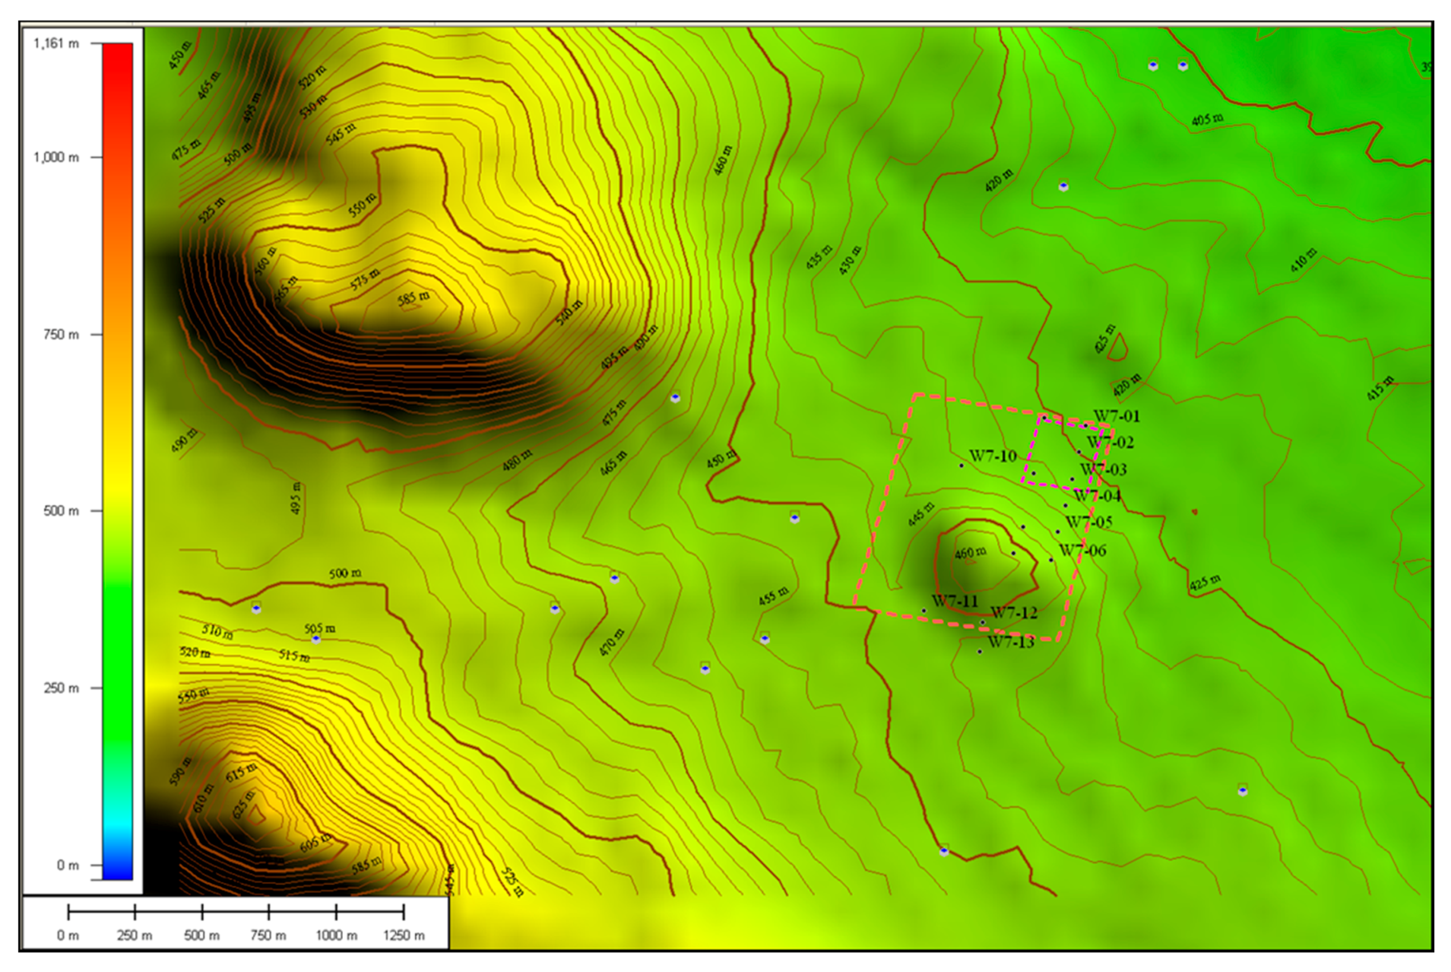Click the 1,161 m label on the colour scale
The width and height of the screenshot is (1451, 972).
coord(56,44)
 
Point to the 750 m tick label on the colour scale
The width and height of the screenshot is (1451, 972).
coord(61,335)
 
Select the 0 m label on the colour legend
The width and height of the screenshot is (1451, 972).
coord(68,865)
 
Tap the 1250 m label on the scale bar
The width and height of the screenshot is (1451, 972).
coord(403,936)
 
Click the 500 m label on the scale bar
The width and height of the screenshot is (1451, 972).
coord(201,936)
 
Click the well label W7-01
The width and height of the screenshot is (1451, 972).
coord(1116,416)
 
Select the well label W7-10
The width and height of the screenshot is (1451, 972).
coord(993,456)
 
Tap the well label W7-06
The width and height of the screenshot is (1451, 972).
coord(1082,551)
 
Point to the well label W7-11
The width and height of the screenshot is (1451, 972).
coord(955,602)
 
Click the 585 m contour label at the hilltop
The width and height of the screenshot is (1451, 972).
coord(414,298)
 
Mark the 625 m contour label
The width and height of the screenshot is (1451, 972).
coord(243,804)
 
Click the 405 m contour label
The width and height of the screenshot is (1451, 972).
coord(1208,119)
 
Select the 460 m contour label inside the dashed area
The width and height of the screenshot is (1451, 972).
coord(970,552)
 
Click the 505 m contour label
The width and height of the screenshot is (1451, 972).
coord(320,628)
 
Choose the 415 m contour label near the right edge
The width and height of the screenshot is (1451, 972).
coord(1380,388)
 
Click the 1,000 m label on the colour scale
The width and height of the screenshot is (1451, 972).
coord(56,157)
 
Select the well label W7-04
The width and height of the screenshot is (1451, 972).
coord(1097,496)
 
